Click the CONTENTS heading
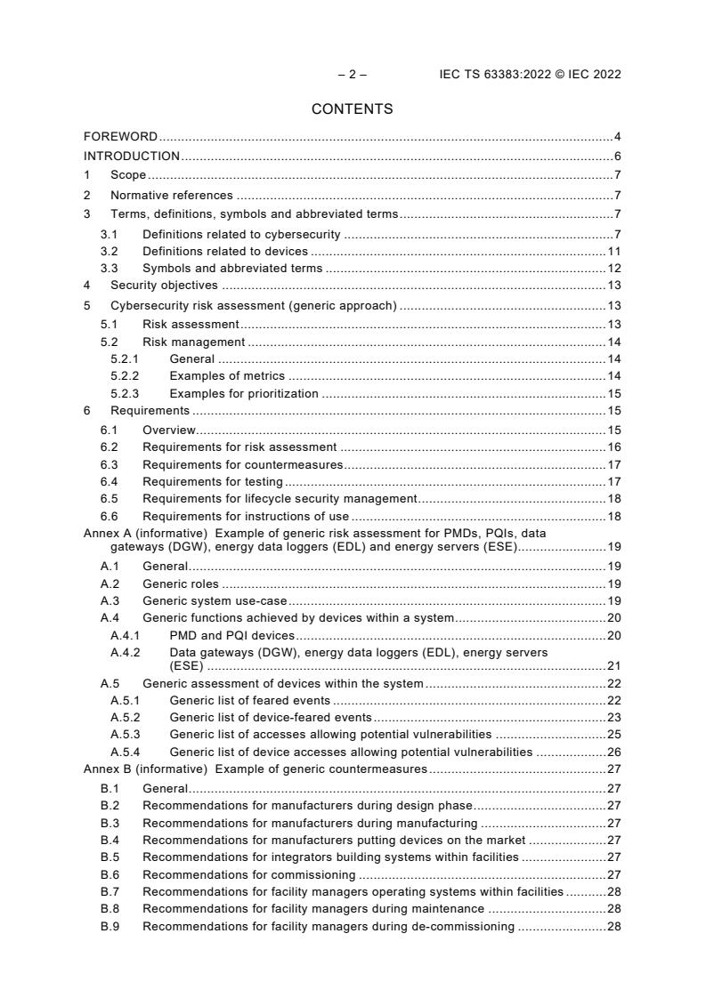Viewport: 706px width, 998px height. tap(353, 109)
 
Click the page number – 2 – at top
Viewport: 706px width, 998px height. tap(353, 75)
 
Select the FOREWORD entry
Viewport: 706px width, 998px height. tap(120, 137)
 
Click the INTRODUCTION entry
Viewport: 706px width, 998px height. tap(132, 157)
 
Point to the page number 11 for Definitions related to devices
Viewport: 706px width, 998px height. tap(613, 252)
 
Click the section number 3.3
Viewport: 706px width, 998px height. tap(110, 269)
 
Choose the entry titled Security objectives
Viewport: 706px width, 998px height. tap(164, 286)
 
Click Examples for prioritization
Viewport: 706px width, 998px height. tap(244, 393)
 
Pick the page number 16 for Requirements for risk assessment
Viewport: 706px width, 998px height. tap(613, 447)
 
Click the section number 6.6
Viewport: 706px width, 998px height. tap(110, 516)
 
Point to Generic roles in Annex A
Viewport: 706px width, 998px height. tap(181, 584)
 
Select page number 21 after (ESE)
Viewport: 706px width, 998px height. tap(613, 665)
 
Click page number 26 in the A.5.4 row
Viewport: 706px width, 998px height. tap(613, 752)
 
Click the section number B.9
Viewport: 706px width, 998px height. tap(110, 926)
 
